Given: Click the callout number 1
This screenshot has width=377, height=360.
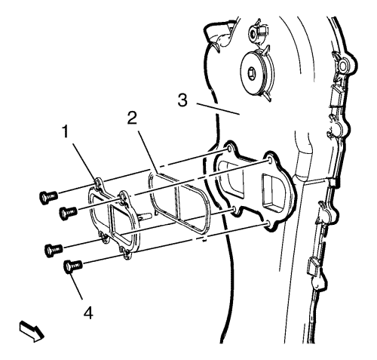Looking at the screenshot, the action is pyautogui.click(x=66, y=132).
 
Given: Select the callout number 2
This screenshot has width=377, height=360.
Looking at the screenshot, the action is pyautogui.click(x=132, y=118).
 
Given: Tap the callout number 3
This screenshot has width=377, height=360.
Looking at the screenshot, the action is pyautogui.click(x=182, y=100).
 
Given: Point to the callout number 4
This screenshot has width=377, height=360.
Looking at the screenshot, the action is pyautogui.click(x=88, y=313).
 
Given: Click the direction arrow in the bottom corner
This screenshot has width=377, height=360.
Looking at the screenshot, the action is pyautogui.click(x=32, y=331).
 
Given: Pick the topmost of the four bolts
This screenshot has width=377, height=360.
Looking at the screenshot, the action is pyautogui.click(x=48, y=196).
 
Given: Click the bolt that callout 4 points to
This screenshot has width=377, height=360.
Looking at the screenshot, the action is pyautogui.click(x=73, y=266).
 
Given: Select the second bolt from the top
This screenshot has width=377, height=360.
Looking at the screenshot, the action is pyautogui.click(x=68, y=212).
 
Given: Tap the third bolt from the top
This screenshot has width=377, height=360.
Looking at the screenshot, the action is pyautogui.click(x=54, y=250).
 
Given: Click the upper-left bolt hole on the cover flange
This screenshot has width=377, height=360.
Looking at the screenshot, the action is pyautogui.click(x=229, y=149).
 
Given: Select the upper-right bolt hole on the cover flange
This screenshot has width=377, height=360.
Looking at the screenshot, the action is pyautogui.click(x=269, y=161).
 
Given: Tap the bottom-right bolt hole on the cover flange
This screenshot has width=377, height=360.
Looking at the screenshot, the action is pyautogui.click(x=268, y=223).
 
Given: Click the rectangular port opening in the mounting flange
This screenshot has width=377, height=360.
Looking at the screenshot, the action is pyautogui.click(x=272, y=192).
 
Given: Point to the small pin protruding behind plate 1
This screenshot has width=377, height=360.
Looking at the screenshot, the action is pyautogui.click(x=145, y=216).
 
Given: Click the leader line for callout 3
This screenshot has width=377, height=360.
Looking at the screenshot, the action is pyautogui.click(x=218, y=109).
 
